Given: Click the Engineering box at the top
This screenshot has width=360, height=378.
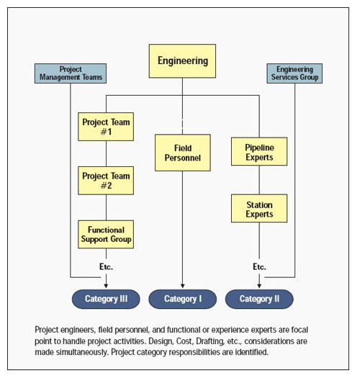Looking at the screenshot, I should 182,61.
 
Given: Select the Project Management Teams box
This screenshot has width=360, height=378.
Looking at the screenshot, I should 71,73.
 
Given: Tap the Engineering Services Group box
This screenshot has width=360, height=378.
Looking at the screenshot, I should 294,73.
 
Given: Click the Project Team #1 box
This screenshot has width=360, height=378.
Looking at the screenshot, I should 107,127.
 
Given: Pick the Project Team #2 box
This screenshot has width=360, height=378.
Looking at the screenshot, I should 107,180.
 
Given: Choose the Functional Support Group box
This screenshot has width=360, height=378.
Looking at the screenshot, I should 107,234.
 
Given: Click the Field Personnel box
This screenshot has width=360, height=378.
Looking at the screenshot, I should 182,153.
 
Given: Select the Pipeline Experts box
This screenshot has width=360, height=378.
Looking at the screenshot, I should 259,153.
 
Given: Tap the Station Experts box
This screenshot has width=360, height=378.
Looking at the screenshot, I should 259,209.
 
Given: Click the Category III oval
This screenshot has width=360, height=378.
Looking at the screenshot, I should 106,299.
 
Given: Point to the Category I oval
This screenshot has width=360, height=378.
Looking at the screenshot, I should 182,299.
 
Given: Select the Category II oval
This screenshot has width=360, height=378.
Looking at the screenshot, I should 259,299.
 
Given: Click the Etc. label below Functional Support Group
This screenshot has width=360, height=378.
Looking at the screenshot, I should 106,266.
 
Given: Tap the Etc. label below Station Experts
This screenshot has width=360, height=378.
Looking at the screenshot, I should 259,266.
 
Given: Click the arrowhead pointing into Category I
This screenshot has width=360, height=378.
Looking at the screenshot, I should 182,287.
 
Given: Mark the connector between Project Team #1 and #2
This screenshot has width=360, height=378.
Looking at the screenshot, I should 107,153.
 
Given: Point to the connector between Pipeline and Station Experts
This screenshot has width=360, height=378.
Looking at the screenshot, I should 259,181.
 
